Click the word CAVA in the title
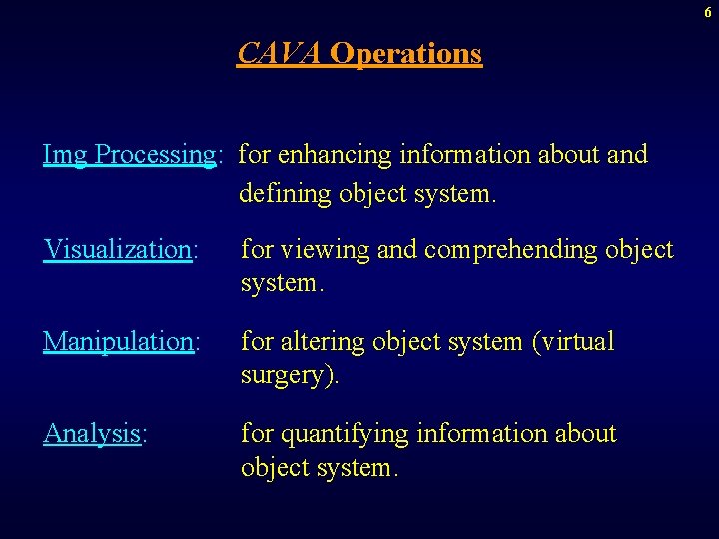(x=279, y=53)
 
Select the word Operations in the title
(x=405, y=53)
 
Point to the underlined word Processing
(x=155, y=156)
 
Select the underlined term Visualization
(x=117, y=249)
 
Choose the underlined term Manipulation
(x=118, y=342)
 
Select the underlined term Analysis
(x=91, y=434)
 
